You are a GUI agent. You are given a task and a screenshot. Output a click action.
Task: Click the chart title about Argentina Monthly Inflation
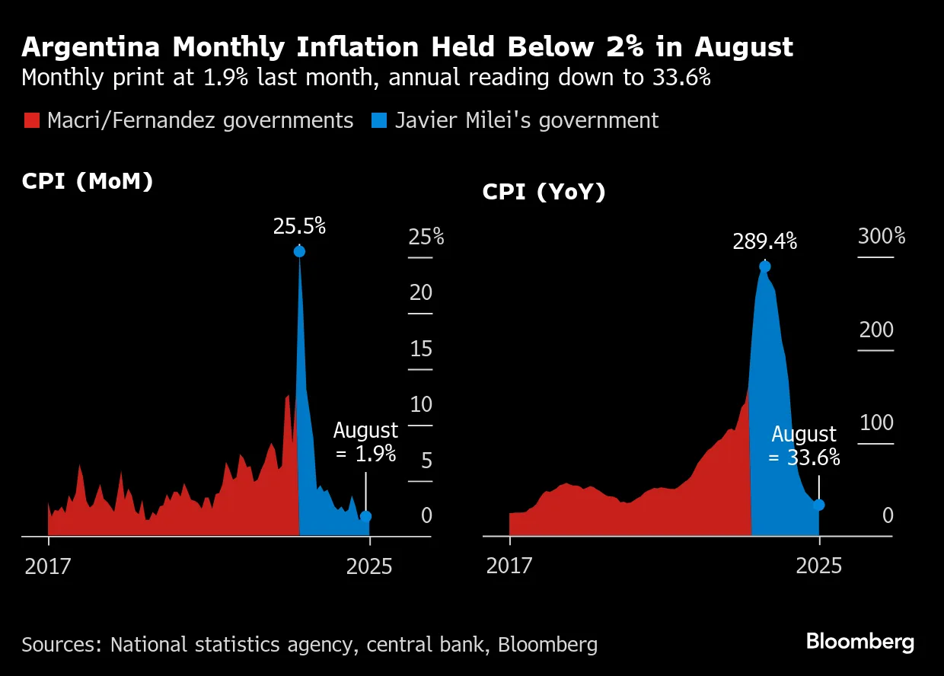(x=407, y=47)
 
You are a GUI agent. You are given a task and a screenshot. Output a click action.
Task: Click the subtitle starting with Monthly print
(x=366, y=78)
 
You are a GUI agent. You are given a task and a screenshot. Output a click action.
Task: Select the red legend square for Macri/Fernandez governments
(x=31, y=120)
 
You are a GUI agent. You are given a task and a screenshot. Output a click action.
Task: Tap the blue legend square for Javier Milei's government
(x=378, y=120)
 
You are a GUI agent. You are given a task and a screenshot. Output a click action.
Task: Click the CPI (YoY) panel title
(x=544, y=193)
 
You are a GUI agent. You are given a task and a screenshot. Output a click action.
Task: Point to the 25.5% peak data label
(x=299, y=225)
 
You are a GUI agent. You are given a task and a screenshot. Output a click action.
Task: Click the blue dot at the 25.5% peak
(x=299, y=251)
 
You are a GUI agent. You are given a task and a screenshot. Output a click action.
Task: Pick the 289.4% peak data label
(x=764, y=242)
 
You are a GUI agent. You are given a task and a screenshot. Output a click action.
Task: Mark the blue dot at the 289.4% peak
(x=765, y=266)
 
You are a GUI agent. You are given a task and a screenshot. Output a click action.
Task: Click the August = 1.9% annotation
(x=365, y=442)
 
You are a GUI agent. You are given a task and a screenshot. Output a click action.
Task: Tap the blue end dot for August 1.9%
(x=365, y=516)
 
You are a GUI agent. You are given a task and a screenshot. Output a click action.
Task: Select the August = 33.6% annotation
(x=804, y=445)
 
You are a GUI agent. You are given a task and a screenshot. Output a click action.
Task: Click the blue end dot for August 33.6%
(x=819, y=505)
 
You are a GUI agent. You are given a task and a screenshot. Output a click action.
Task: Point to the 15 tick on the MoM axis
(x=421, y=349)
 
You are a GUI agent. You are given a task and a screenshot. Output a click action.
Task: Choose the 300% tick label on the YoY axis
(x=882, y=236)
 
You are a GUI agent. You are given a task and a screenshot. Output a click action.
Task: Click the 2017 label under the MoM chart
(x=48, y=566)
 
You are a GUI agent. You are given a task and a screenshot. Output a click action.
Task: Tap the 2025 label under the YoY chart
(x=819, y=566)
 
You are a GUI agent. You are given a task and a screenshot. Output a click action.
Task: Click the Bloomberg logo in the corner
(x=860, y=642)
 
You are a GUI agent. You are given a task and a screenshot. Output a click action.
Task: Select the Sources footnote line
(x=309, y=645)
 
